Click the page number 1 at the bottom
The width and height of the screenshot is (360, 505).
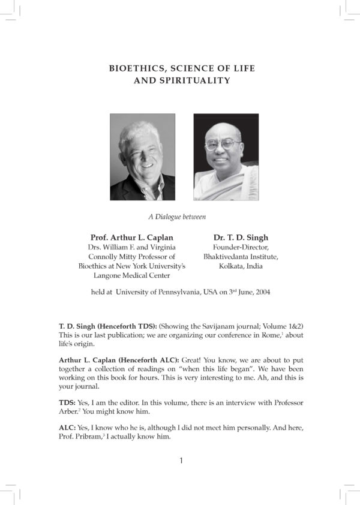pos(181,461)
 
